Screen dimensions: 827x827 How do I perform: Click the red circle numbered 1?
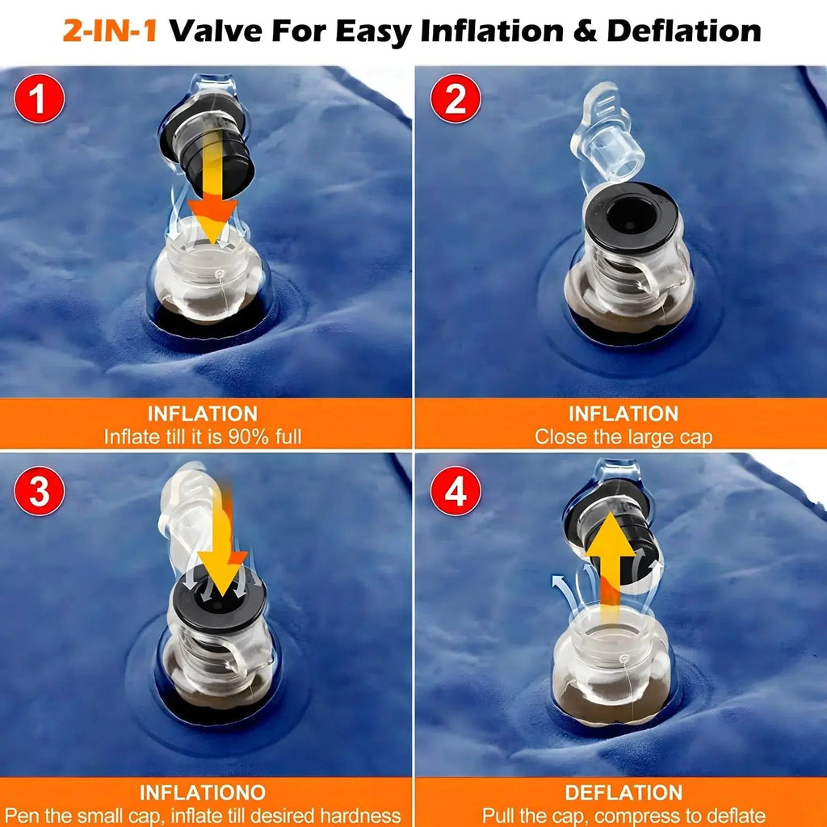[x=39, y=99]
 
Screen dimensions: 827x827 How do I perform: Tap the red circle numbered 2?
[x=455, y=99]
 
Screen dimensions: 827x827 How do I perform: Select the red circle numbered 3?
[x=39, y=491]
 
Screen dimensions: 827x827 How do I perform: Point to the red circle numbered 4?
[x=455, y=491]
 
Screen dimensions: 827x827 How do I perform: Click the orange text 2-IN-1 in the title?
[x=110, y=31]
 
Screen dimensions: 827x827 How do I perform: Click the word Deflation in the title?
[x=684, y=31]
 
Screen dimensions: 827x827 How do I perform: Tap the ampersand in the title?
[x=585, y=31]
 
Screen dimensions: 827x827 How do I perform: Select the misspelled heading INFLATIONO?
[x=203, y=792]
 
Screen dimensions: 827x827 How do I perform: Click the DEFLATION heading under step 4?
[x=623, y=792]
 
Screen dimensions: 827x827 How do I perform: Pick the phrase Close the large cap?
[x=623, y=437]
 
